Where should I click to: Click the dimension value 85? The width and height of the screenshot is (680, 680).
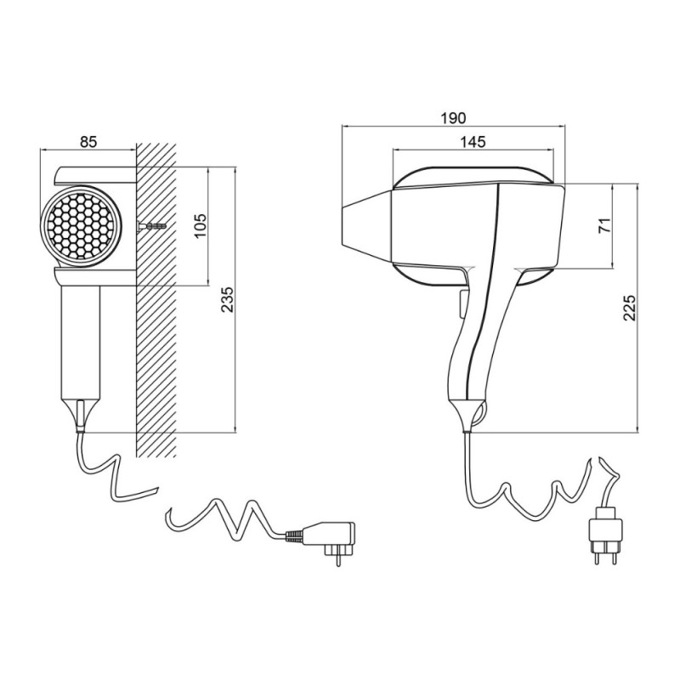[88, 142]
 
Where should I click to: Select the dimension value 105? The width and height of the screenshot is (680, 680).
[201, 225]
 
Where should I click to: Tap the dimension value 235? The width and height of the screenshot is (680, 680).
[227, 299]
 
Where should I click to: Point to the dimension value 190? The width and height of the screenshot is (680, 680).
[454, 118]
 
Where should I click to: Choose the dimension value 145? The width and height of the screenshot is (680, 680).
[473, 141]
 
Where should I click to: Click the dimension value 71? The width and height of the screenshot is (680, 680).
[604, 225]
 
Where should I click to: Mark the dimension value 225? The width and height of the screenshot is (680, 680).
[629, 308]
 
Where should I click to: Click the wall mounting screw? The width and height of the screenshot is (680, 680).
[151, 226]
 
